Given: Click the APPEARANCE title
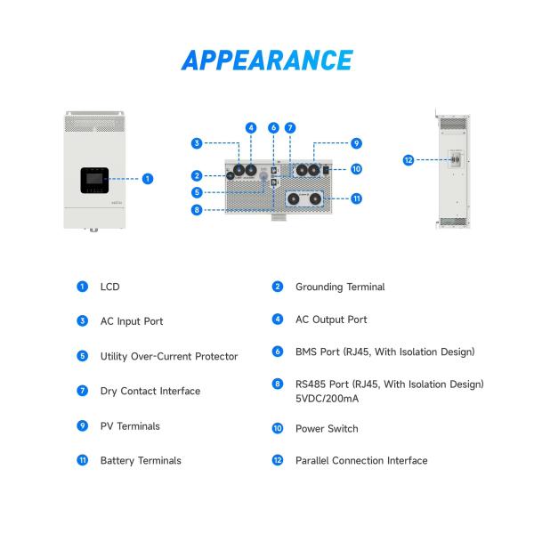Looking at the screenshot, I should pyautogui.click(x=267, y=60).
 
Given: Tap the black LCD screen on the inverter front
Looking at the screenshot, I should pyautogui.click(x=93, y=182).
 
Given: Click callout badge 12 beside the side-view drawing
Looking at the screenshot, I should pyautogui.click(x=409, y=160).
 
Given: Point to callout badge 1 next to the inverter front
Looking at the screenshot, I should pyautogui.click(x=148, y=178).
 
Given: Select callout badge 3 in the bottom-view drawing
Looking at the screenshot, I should pyautogui.click(x=196, y=142).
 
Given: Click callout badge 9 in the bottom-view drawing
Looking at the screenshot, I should pyautogui.click(x=355, y=142).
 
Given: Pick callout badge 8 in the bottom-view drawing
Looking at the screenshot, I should pyautogui.click(x=196, y=211).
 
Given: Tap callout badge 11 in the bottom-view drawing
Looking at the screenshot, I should pyautogui.click(x=356, y=198).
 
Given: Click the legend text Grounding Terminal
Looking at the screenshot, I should pyautogui.click(x=340, y=287).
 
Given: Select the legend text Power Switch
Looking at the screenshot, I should pyautogui.click(x=327, y=429).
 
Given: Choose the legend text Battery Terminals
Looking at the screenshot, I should pyautogui.click(x=141, y=461).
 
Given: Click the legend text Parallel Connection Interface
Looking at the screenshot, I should pyautogui.click(x=361, y=461).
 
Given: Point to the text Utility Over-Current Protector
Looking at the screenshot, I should pyautogui.click(x=169, y=356).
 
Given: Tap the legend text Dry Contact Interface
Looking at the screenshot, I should pyautogui.click(x=150, y=391).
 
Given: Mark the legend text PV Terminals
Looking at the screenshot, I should pyautogui.click(x=130, y=426).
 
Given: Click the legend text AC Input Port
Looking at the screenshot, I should pyautogui.click(x=132, y=321).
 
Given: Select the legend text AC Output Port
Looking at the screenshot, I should pyautogui.click(x=331, y=319).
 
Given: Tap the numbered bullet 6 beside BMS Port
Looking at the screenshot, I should pyautogui.click(x=278, y=352).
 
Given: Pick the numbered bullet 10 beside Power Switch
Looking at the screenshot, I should pyautogui.click(x=278, y=429).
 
